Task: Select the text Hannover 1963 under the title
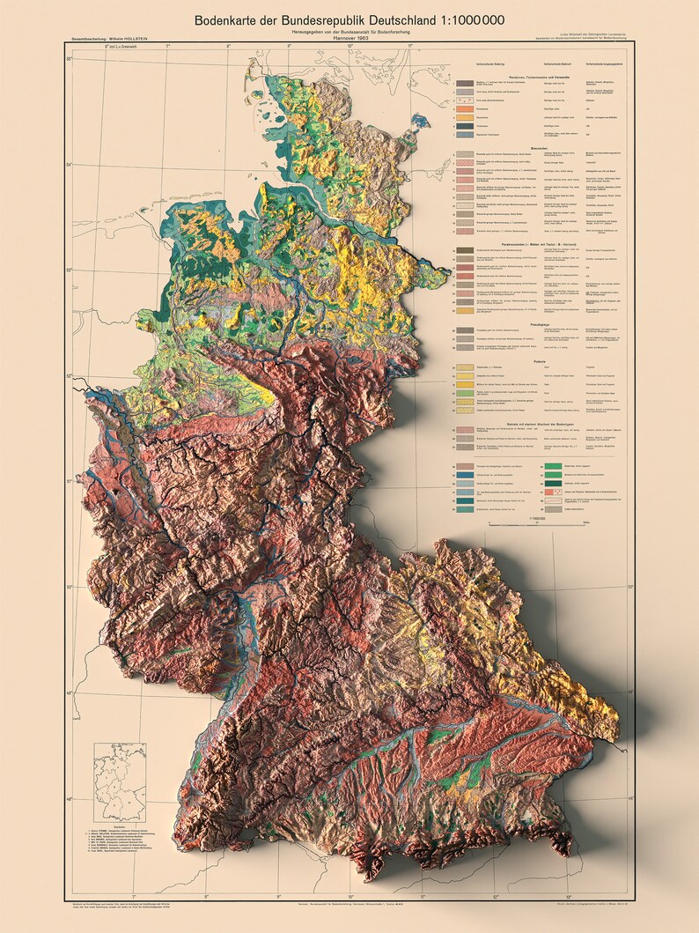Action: pos(350,43)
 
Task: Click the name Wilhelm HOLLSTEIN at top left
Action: pos(129,40)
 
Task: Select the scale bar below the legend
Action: pos(528,526)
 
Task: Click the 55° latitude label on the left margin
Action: pos(69,59)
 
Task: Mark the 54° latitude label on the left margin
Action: pos(69,165)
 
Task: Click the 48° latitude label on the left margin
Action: pos(69,800)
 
